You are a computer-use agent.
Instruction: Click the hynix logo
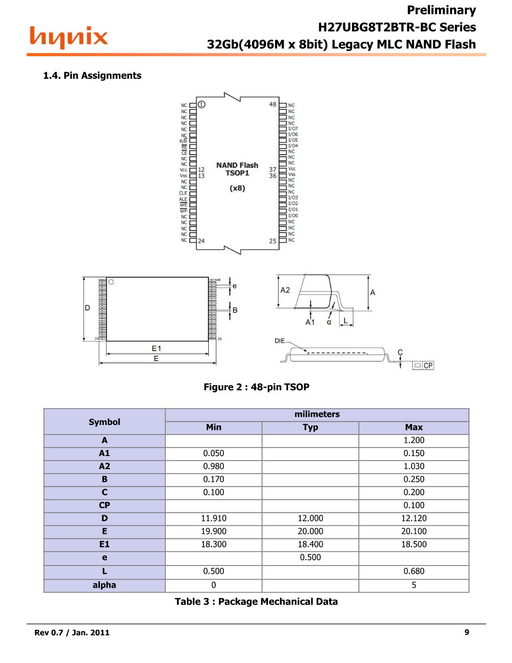click(x=68, y=38)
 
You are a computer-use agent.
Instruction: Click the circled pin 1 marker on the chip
click(x=201, y=104)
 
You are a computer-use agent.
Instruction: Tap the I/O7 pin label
click(x=293, y=129)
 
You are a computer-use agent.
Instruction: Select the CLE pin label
click(x=183, y=193)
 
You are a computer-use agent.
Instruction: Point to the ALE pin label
click(x=183, y=199)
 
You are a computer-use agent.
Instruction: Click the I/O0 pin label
click(x=293, y=215)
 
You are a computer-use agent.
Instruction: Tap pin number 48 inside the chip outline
click(x=273, y=104)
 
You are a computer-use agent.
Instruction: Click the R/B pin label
click(x=183, y=141)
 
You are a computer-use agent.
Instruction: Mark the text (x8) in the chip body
click(x=237, y=188)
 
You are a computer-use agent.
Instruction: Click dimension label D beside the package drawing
click(x=87, y=308)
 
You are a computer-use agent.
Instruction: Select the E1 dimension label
click(x=157, y=348)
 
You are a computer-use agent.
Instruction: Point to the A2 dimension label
click(x=285, y=290)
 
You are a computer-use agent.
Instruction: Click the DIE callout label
click(x=280, y=341)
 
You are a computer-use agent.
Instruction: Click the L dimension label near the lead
click(x=345, y=320)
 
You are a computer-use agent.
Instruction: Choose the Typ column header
click(x=310, y=427)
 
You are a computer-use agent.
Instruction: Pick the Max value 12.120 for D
click(x=414, y=518)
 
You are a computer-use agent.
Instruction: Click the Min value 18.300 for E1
click(x=213, y=544)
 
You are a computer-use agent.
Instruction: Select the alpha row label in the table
click(x=104, y=585)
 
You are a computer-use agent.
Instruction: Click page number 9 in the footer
click(x=467, y=632)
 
